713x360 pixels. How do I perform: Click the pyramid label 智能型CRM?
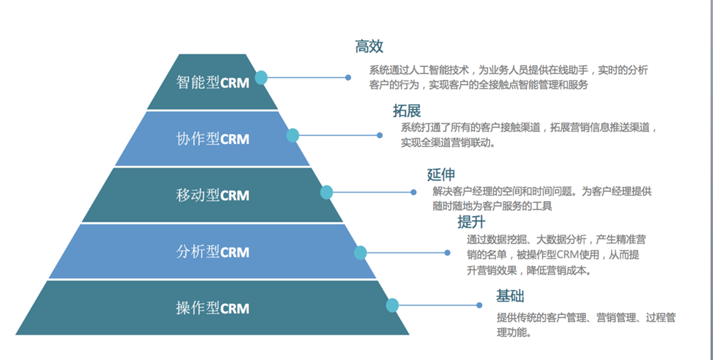click(x=212, y=82)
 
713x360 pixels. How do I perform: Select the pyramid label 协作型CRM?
click(x=212, y=138)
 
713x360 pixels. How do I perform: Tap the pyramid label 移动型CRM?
click(x=212, y=195)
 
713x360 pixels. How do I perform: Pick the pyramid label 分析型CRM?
click(x=212, y=252)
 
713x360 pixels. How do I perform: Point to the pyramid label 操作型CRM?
click(x=212, y=308)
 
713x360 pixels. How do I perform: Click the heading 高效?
click(x=369, y=47)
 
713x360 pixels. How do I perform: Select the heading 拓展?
click(x=406, y=110)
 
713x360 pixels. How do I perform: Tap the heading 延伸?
click(x=441, y=175)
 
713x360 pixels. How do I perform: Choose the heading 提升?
click(x=471, y=220)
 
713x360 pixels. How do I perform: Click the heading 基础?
click(x=511, y=296)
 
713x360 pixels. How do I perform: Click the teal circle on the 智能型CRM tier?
click(x=261, y=78)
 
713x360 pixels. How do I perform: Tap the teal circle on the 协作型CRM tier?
click(x=292, y=135)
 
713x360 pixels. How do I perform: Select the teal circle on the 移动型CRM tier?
click(x=327, y=192)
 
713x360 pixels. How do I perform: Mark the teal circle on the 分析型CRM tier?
click(x=360, y=252)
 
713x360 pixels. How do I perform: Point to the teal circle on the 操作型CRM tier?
click(x=392, y=305)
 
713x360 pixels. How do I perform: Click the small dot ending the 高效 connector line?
click(x=348, y=78)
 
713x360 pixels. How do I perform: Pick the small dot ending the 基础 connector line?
click(x=479, y=305)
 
